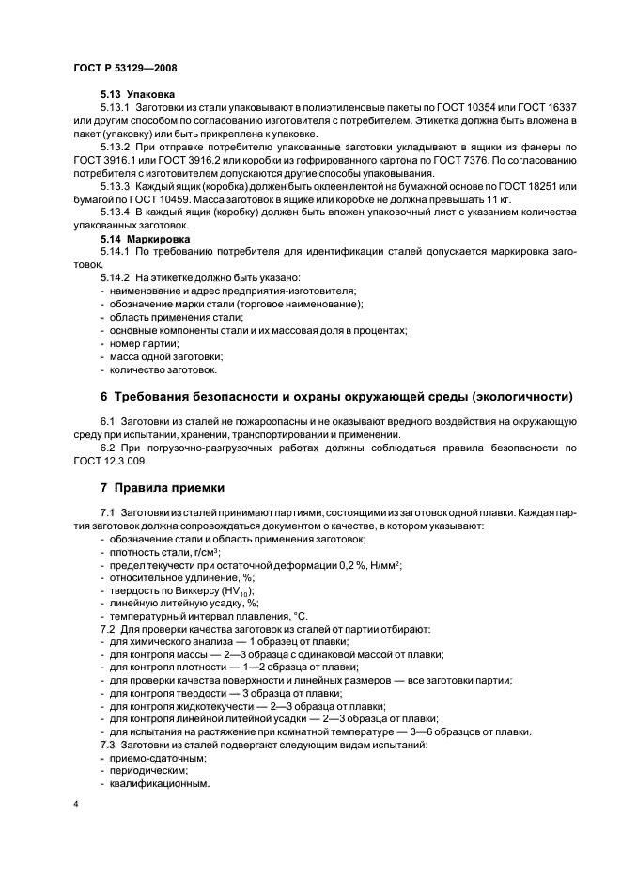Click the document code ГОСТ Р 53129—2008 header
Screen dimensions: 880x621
coord(124,69)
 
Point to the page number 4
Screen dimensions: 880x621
coord(75,807)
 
